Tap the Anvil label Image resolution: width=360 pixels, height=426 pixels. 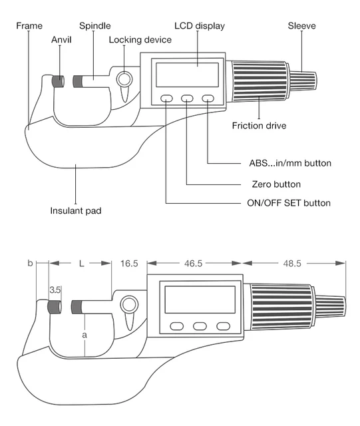(x=61, y=39)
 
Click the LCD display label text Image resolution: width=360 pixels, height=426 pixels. (x=200, y=26)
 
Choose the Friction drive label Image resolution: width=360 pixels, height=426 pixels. (x=260, y=125)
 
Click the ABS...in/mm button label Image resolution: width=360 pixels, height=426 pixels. (x=285, y=163)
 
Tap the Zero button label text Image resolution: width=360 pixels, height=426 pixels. (x=277, y=184)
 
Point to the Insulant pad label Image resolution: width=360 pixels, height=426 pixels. (x=77, y=212)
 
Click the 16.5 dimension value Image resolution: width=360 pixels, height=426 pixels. (x=128, y=264)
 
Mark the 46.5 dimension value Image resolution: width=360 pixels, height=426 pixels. (x=194, y=264)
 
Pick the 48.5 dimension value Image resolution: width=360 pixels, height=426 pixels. (x=293, y=264)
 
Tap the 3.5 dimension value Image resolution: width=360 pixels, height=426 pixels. (x=56, y=291)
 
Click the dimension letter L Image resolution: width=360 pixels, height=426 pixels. (x=81, y=264)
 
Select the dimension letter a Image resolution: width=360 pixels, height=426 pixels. (x=85, y=335)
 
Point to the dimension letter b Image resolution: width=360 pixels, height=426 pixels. (x=30, y=264)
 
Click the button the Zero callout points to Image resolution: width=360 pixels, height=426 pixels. (x=188, y=99)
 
